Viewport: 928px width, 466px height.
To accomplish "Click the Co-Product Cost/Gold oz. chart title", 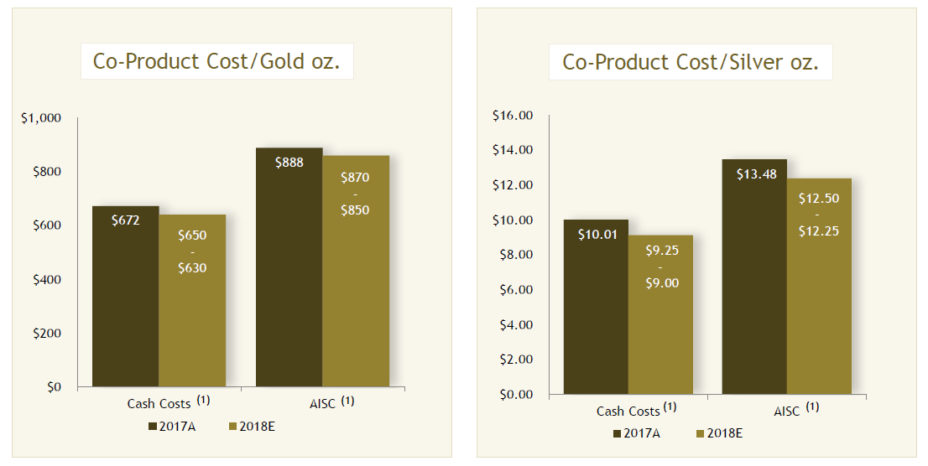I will tap(216, 61).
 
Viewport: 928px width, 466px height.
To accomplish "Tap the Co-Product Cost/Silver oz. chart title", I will tap(690, 62).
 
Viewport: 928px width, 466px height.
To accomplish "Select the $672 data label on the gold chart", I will tap(126, 220).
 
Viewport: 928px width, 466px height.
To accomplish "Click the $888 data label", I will tap(289, 163).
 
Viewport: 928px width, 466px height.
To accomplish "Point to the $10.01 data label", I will tap(596, 235).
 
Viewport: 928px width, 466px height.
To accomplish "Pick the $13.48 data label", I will tap(753, 174).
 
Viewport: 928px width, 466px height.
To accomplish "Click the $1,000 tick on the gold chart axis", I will tap(41, 118).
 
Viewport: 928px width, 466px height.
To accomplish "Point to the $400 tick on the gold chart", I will tap(46, 280).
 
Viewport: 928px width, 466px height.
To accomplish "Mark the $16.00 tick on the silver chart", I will tap(514, 116).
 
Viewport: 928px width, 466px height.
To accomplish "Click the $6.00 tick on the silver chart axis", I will tap(517, 290).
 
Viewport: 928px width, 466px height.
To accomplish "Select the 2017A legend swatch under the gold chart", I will tap(153, 427).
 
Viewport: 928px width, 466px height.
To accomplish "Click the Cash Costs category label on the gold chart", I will tap(159, 404).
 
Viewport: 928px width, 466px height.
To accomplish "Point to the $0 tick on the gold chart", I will tap(53, 387).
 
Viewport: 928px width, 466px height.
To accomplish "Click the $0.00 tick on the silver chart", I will tap(517, 394).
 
